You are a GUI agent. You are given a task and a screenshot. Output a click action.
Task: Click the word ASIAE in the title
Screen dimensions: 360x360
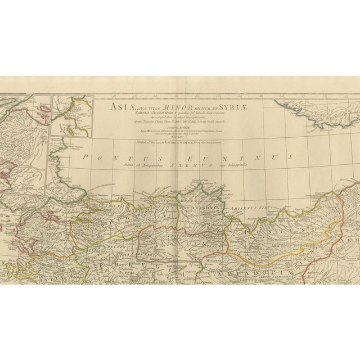107,105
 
